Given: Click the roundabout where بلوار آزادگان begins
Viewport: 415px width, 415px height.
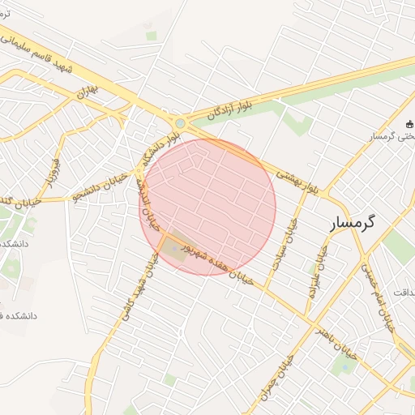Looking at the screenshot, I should (179, 123).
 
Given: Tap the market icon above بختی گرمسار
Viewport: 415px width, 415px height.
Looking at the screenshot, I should (409, 124).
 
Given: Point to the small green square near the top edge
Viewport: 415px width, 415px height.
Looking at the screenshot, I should (151, 36).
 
